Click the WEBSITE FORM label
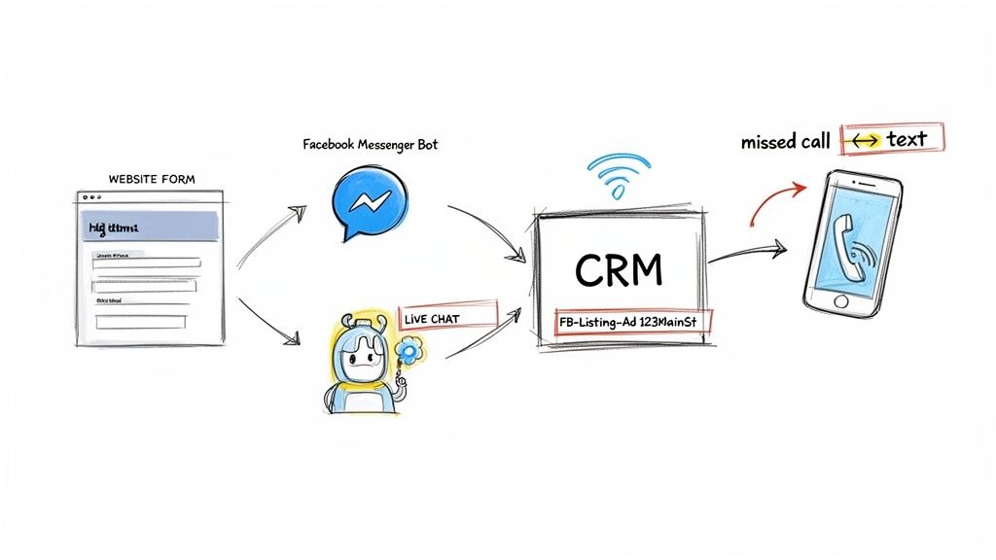click(x=151, y=179)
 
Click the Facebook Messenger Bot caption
click(x=370, y=145)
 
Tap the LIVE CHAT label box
click(x=447, y=317)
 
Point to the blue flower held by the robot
click(x=409, y=351)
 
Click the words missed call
click(x=785, y=142)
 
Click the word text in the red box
click(x=907, y=139)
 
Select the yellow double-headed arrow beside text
click(x=863, y=141)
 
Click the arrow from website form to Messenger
click(x=267, y=233)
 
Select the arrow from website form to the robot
click(x=267, y=321)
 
